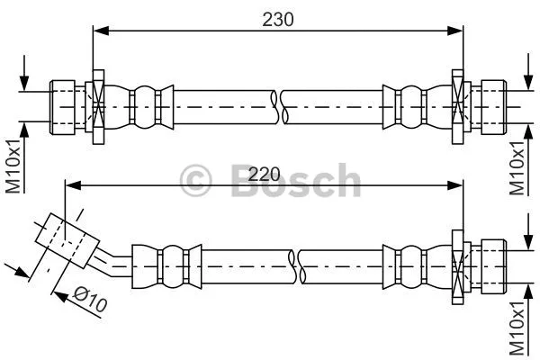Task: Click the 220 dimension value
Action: pos(265,171)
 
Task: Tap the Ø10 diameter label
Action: pos(90,299)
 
